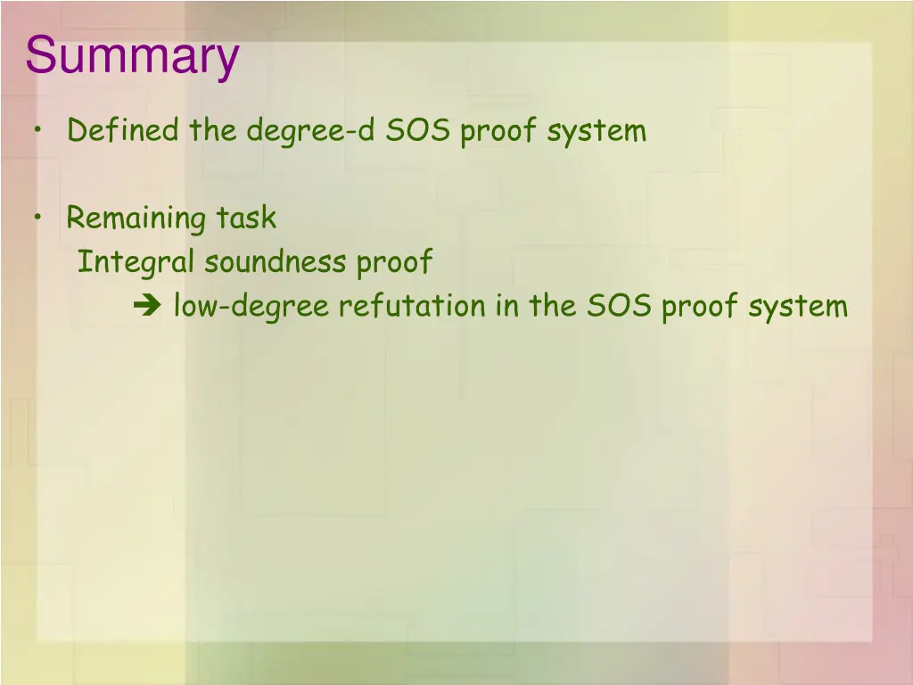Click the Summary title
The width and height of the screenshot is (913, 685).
[x=133, y=56]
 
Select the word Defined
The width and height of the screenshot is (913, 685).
[x=123, y=131]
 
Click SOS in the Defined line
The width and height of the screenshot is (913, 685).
[x=419, y=131]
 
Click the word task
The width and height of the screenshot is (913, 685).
[x=246, y=219]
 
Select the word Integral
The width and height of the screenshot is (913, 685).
[x=136, y=263]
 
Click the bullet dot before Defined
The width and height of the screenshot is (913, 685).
[x=38, y=130]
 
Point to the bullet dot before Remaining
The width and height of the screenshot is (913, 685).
[x=38, y=218]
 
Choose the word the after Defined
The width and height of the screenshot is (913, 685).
[x=212, y=131]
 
